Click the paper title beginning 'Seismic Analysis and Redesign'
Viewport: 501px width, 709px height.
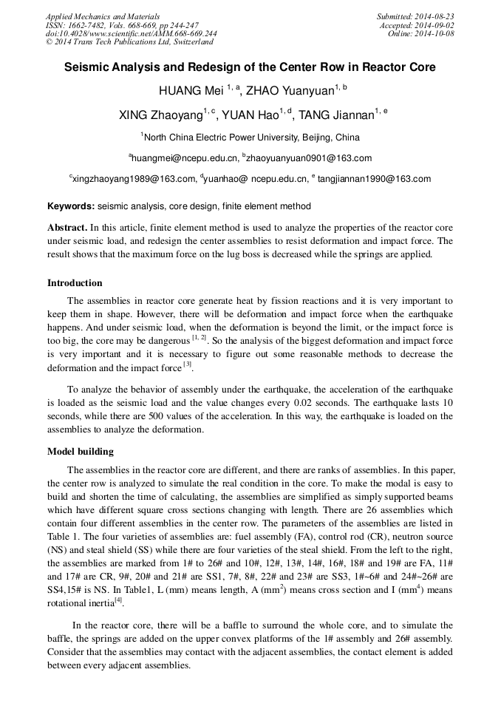pyautogui.click(x=250, y=67)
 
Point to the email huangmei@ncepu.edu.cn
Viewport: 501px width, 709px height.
pyautogui.click(x=184, y=158)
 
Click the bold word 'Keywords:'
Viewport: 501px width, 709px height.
pyautogui.click(x=70, y=206)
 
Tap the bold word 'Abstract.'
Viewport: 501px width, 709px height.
pyautogui.click(x=67, y=228)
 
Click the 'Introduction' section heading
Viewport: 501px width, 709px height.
pyautogui.click(x=75, y=282)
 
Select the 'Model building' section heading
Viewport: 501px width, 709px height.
pyautogui.click(x=81, y=451)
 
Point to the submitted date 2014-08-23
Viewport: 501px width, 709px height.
pyautogui.click(x=434, y=16)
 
